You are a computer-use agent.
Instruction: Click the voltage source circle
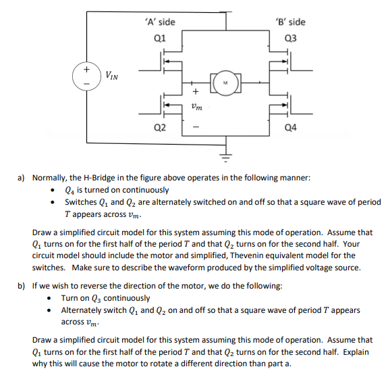click(x=86, y=75)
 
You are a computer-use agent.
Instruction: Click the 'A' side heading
click(x=160, y=22)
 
